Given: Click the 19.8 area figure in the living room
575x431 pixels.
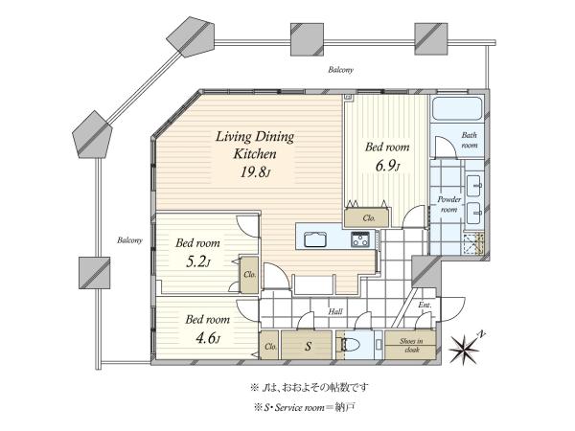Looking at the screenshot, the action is point(255,171).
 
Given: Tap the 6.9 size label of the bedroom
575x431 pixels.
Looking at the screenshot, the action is point(387,166).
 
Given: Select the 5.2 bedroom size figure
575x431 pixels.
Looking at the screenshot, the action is point(198,261).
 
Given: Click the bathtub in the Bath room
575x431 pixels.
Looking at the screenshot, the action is point(457,108).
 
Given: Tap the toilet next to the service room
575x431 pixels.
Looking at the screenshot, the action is point(350,345).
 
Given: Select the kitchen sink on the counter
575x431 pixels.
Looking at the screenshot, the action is point(315,240).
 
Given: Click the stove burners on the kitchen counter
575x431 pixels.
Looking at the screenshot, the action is point(360,239).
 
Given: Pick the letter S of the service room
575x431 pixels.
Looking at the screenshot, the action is point(309,346).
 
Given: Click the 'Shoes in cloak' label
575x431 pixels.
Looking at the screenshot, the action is point(411,345).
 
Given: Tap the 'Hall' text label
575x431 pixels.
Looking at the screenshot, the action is point(335,311).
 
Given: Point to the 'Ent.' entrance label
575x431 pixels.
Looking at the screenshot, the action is point(425,305).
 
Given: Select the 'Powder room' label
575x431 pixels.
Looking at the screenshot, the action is point(448,205).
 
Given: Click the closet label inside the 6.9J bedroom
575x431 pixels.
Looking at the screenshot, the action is point(369,218).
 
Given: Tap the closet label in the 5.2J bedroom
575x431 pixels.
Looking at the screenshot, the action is point(250,274).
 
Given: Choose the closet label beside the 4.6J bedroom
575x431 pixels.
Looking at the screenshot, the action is point(270,347).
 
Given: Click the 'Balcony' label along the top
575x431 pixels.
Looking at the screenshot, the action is point(340,70).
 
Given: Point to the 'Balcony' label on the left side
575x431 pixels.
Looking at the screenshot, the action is point(129,240).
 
